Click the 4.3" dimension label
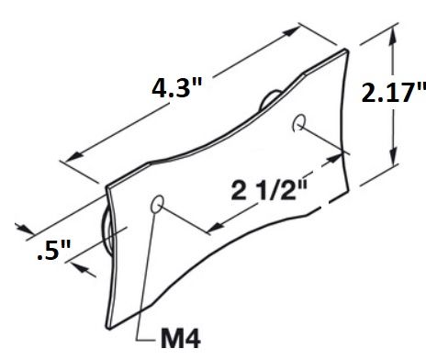click(177, 88)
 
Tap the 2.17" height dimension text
click(394, 93)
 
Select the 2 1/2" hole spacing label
click(269, 190)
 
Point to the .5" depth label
click(54, 250)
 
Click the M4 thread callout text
click(181, 339)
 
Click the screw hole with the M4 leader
click(157, 204)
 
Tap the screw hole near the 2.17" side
click(299, 123)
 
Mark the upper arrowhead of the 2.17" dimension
click(394, 36)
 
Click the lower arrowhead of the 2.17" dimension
click(394, 156)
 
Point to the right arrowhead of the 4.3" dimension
click(292, 31)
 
